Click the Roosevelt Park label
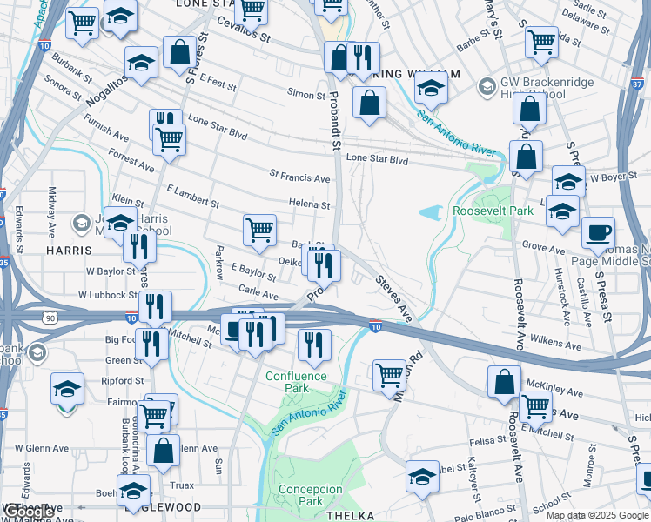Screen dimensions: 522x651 pos(493,211)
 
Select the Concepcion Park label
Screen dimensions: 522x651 pos(310,495)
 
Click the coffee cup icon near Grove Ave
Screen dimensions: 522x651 pos(598,233)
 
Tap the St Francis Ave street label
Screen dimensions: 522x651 pos(299,177)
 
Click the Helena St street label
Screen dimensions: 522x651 pos(310,205)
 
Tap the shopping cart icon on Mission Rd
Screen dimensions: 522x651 pos(389,375)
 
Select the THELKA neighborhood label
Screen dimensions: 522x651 pos(349,515)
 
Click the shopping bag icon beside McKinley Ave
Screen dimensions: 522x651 pos(504,381)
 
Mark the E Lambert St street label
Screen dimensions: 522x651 pos(191,196)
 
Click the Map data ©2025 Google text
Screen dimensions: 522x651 pos(597,515)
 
